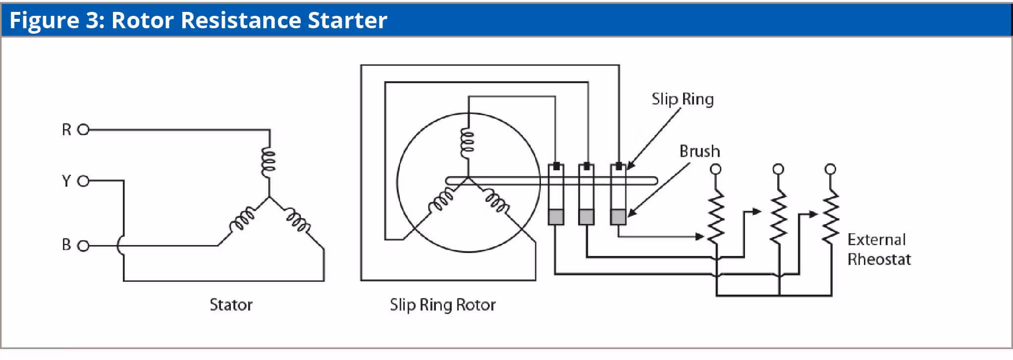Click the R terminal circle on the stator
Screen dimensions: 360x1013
pyautogui.click(x=83, y=130)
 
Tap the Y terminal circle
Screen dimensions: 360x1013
pyautogui.click(x=83, y=181)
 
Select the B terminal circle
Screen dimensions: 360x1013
pyautogui.click(x=83, y=246)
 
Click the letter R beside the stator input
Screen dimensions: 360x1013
pyautogui.click(x=66, y=130)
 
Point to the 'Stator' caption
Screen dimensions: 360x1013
pyautogui.click(x=231, y=305)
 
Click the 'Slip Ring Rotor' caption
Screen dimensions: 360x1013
pyautogui.click(x=442, y=305)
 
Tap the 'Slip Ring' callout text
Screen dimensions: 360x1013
pyautogui.click(x=682, y=99)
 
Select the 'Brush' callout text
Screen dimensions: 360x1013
pyautogui.click(x=699, y=151)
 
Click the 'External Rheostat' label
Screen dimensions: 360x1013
pyautogui.click(x=878, y=249)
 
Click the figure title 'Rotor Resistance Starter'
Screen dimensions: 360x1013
pyautogui.click(x=249, y=20)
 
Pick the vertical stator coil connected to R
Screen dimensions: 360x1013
pyautogui.click(x=268, y=161)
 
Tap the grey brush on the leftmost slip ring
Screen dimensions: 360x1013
pyautogui.click(x=556, y=216)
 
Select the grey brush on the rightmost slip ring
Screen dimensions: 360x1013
pyautogui.click(x=618, y=216)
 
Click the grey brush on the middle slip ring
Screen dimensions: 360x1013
pyautogui.click(x=586, y=216)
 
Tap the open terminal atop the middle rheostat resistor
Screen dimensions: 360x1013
pyautogui.click(x=778, y=169)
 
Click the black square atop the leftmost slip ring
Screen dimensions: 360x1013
pyautogui.click(x=556, y=166)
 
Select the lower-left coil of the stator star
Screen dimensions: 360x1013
pyautogui.click(x=242, y=220)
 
